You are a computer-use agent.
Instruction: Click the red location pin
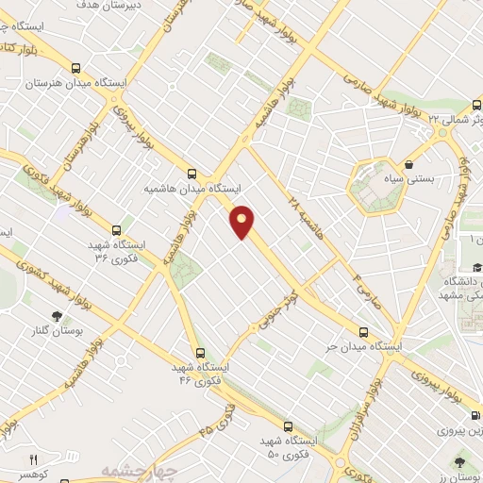point(242,222)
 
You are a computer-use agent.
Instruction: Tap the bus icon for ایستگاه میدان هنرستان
point(75,67)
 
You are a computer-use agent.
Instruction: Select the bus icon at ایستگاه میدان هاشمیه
point(192,174)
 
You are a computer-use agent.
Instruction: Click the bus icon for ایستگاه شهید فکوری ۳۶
point(116,229)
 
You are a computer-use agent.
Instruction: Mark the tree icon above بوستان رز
point(459,461)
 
